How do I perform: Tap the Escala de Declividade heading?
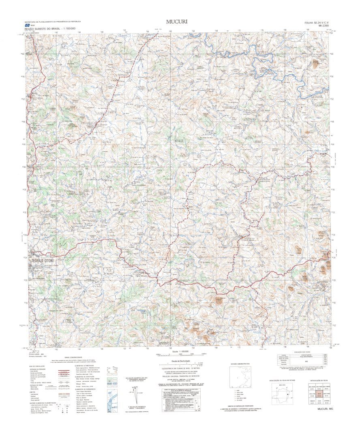(x=181, y=361)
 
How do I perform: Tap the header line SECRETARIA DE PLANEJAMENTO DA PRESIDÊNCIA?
(x=53, y=21)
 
